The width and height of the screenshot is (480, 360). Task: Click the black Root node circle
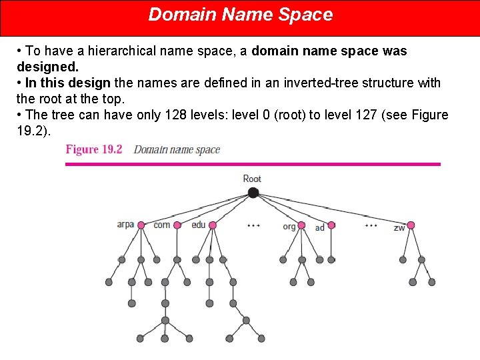[x=253, y=193]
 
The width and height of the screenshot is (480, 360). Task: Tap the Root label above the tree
[x=252, y=179]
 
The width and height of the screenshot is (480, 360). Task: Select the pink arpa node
[x=141, y=225]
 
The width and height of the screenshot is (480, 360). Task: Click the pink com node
[x=177, y=225]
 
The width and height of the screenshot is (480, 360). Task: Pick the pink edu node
[x=213, y=225]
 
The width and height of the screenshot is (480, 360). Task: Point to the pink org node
[x=301, y=225]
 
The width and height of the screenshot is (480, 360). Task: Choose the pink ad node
[x=331, y=225]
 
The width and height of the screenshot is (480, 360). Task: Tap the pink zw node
[x=411, y=225]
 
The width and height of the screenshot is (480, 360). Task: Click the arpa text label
[x=125, y=225]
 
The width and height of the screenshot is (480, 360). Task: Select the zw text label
[x=399, y=228]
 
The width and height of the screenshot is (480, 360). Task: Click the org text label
[x=289, y=227]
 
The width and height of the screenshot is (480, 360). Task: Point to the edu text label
[x=199, y=225]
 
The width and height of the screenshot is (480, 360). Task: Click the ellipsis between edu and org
[x=253, y=226]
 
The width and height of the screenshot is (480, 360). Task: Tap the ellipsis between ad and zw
[x=371, y=226]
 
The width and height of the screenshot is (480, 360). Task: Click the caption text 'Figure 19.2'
[x=94, y=149]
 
